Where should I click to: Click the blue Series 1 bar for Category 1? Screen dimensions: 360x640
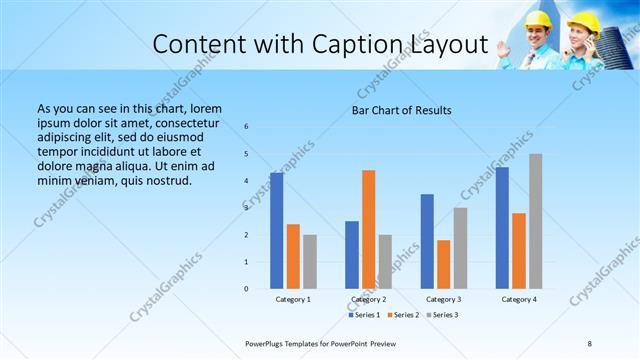click(x=277, y=231)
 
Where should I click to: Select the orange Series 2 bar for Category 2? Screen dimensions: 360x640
click(x=369, y=229)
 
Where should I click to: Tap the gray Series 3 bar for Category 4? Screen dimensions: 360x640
click(x=536, y=221)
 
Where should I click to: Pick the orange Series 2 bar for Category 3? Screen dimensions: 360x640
click(x=444, y=264)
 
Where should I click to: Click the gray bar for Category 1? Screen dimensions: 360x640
click(x=310, y=262)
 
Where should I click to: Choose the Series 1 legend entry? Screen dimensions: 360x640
click(x=365, y=315)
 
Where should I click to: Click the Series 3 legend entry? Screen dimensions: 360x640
click(x=441, y=315)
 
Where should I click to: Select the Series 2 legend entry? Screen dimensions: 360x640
click(x=403, y=315)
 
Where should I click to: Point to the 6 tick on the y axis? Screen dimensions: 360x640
click(x=247, y=127)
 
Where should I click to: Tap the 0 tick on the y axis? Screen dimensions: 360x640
click(x=247, y=289)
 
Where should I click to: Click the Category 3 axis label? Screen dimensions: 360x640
click(x=443, y=299)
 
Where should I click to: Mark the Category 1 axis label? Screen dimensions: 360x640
click(x=293, y=299)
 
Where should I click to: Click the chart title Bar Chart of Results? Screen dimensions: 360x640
click(x=402, y=110)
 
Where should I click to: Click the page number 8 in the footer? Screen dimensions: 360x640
click(x=590, y=343)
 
